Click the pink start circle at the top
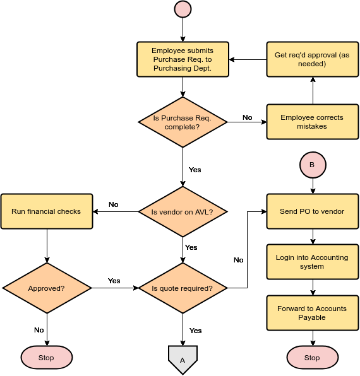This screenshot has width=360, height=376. [183, 9]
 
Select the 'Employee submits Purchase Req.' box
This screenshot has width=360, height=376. [183, 59]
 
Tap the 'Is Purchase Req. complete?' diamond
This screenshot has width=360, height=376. [183, 122]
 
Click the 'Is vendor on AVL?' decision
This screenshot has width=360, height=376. [183, 212]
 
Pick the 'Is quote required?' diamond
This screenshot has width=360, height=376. [183, 288]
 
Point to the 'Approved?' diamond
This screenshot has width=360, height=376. [47, 288]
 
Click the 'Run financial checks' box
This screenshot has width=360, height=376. [47, 211]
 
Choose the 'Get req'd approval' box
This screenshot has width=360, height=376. [312, 59]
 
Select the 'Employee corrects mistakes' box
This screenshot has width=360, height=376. [312, 122]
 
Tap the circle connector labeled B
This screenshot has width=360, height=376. [312, 165]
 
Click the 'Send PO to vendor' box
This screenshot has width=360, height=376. [312, 211]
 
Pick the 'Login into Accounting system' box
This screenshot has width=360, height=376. [312, 262]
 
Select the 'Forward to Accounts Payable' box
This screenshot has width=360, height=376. [312, 313]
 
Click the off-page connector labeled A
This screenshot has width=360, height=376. [183, 359]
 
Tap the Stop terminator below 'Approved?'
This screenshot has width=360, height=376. [47, 358]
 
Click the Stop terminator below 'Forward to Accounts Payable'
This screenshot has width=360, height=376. [312, 358]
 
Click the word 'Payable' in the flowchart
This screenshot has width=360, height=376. [312, 317]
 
